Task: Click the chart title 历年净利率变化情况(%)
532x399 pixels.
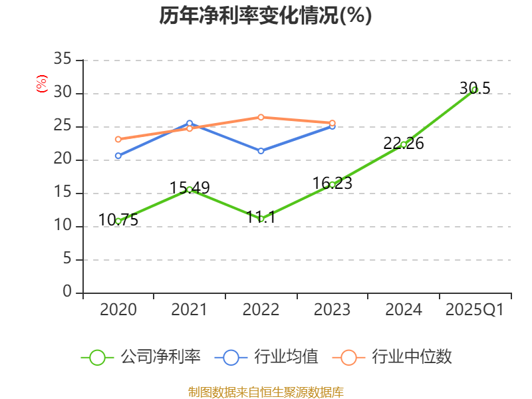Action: point(265,16)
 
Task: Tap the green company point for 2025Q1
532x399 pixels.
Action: point(475,89)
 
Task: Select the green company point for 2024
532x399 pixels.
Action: point(404,144)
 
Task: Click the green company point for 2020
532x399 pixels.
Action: point(118,221)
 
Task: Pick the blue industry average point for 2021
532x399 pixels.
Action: point(190,123)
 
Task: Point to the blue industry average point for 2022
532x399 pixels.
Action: point(261,151)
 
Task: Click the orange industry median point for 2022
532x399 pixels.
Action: point(261,117)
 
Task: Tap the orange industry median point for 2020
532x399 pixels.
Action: point(118,140)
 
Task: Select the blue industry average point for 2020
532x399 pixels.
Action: point(118,156)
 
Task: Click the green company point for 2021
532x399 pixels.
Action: point(190,190)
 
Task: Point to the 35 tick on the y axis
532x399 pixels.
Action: point(63,60)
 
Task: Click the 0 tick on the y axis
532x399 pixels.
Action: point(66,293)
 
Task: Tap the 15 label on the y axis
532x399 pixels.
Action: point(63,193)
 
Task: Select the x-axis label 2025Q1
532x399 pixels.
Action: point(475,310)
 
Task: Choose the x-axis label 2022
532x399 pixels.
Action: point(261,310)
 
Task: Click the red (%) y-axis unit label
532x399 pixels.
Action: point(42,84)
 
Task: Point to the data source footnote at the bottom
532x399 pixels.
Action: point(265,392)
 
